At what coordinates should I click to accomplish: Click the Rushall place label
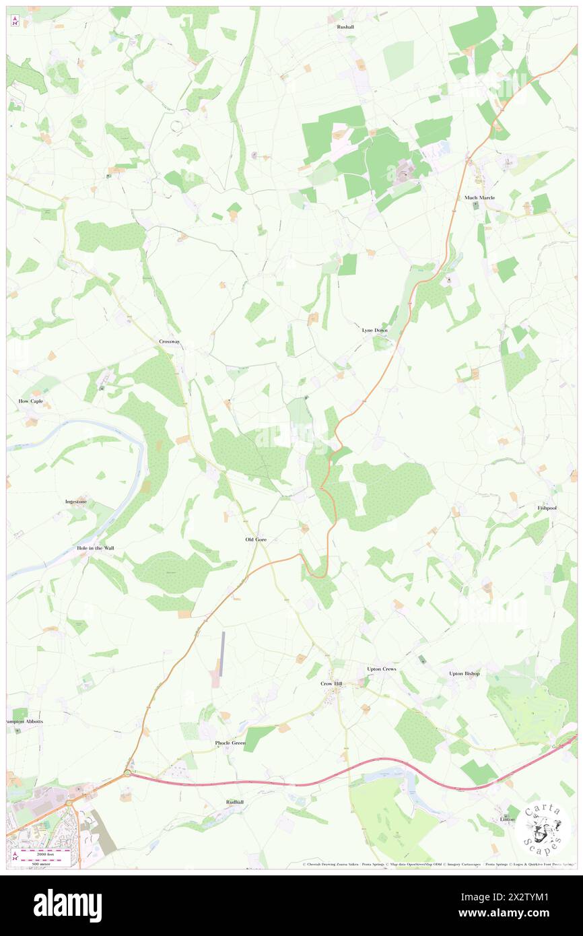[x=345, y=27]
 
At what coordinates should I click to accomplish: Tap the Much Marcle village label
[x=479, y=197]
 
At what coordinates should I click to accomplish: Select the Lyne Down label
[x=374, y=331]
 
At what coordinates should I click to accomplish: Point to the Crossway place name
[x=170, y=341]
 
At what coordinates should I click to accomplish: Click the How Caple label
[x=30, y=401]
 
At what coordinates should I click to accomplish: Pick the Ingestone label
[x=76, y=502]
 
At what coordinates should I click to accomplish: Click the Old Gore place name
[x=256, y=539]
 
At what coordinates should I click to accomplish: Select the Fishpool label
[x=547, y=508]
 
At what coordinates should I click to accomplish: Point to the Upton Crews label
[x=382, y=669]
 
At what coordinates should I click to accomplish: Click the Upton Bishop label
[x=465, y=673]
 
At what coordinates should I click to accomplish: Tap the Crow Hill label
[x=331, y=683]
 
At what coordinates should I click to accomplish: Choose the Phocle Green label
[x=230, y=743]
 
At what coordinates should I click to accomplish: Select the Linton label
[x=507, y=819]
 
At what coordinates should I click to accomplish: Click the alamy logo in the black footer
[x=67, y=905]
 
